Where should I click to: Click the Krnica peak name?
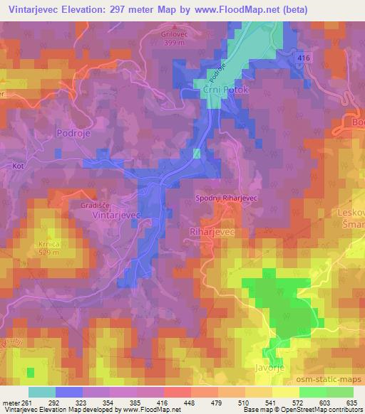pyautogui.click(x=43, y=243)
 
